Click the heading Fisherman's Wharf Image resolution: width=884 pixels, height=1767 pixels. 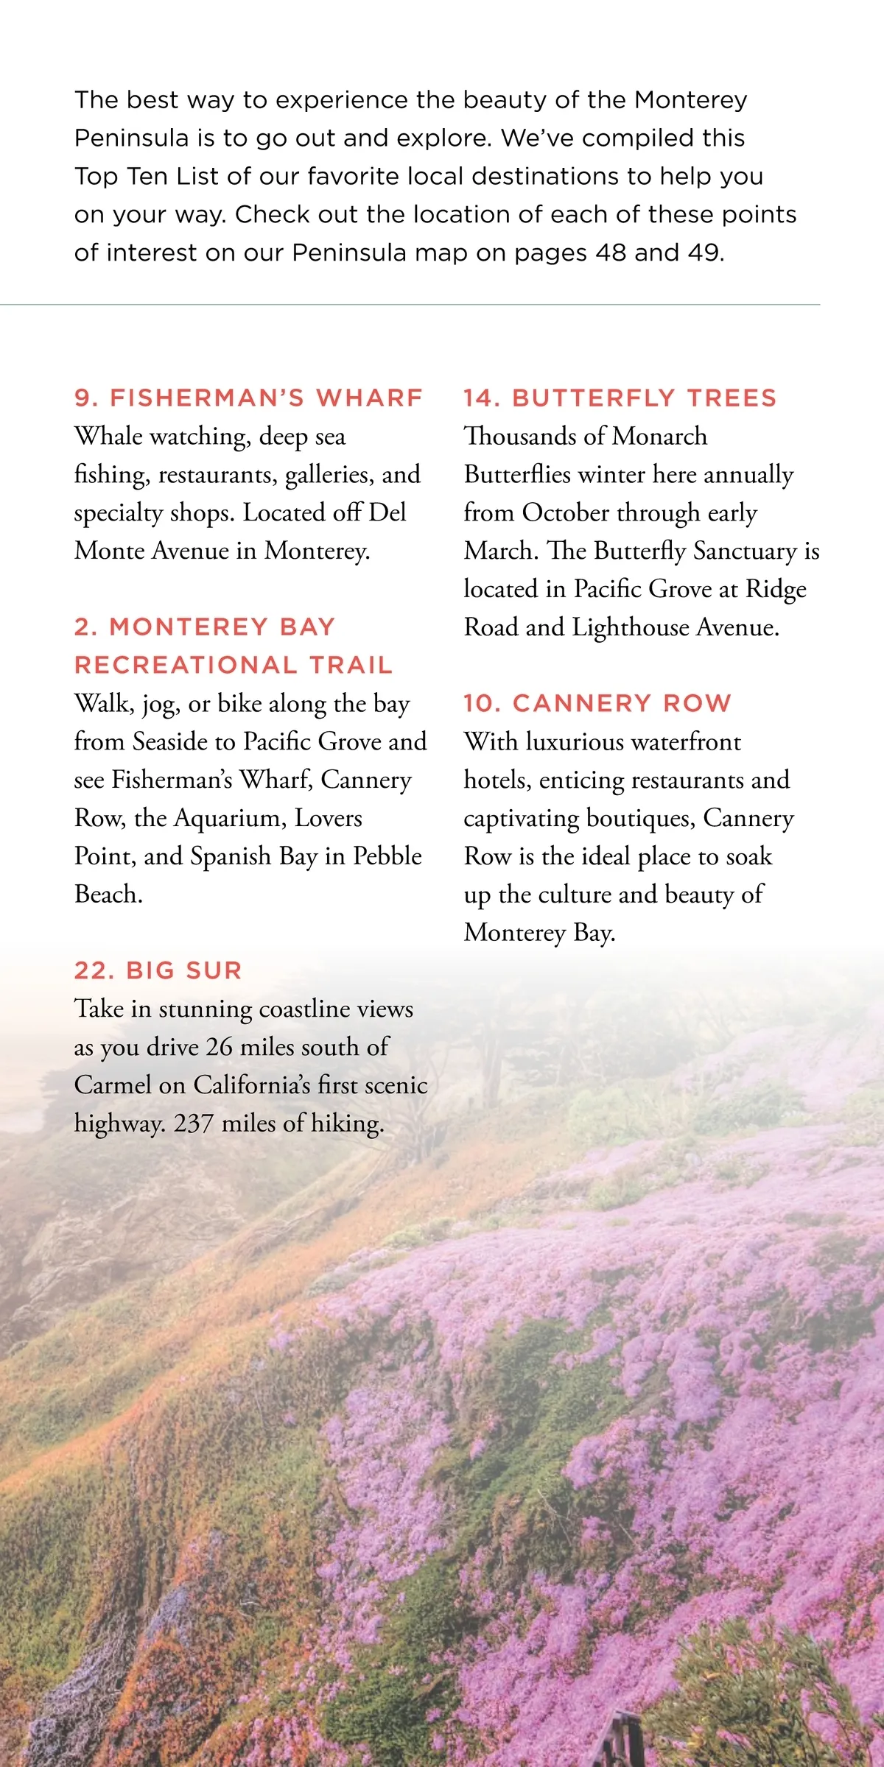pos(248,398)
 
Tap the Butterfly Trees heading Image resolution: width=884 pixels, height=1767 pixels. pos(620,398)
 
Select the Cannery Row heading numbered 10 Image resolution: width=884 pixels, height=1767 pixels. pos(597,703)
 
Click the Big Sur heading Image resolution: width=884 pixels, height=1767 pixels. pos(158,970)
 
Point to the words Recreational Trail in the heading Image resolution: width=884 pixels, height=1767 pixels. pos(234,665)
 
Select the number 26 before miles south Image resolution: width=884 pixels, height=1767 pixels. pos(219,1047)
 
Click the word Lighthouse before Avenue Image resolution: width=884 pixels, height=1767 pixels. pos(631,627)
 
